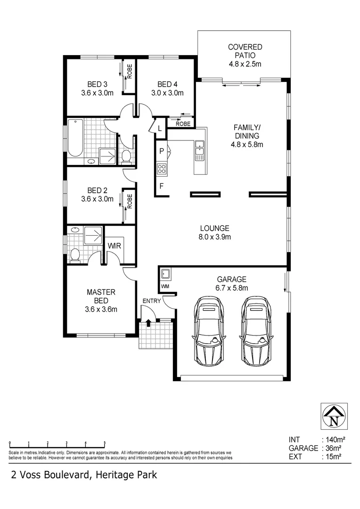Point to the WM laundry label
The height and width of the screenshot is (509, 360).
pyautogui.click(x=165, y=286)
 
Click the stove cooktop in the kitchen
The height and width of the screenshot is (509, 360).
pyautogui.click(x=162, y=168)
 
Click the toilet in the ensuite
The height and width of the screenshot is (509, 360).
pyautogui.click(x=74, y=254)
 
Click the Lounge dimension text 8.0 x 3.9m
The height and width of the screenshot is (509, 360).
pyautogui.click(x=214, y=237)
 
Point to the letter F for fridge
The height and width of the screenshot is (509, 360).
pyautogui.click(x=161, y=186)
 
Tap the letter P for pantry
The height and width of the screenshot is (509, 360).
pyautogui.click(x=161, y=151)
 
